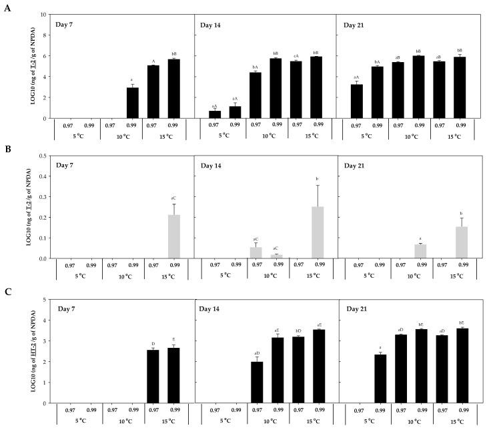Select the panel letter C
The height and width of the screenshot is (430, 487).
click(x=7, y=292)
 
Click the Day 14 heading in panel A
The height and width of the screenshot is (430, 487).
click(x=213, y=25)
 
